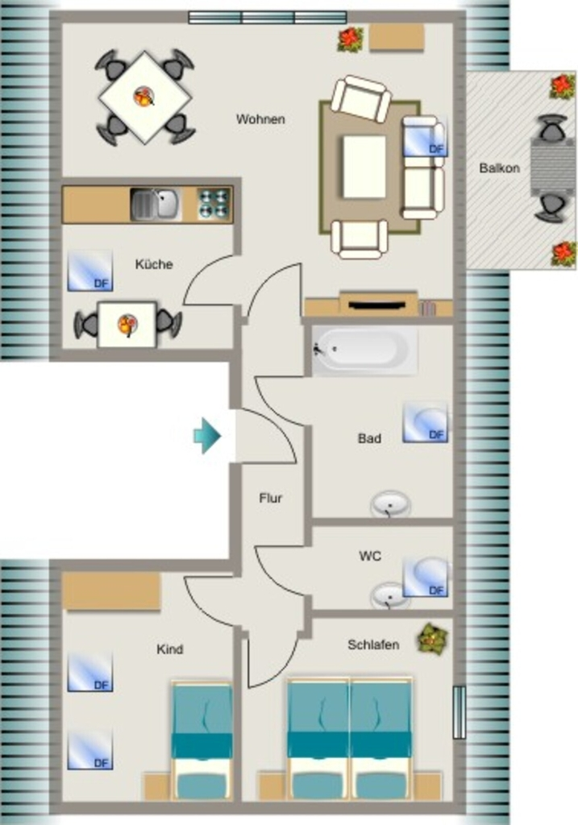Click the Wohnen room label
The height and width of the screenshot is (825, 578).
tap(260, 119)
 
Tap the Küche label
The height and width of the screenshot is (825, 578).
tap(154, 264)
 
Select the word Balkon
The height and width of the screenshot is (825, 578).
tap(499, 168)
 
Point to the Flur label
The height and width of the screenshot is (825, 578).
tap(271, 498)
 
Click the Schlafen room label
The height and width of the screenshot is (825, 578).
tap(373, 645)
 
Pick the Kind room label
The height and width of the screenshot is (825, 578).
tap(169, 649)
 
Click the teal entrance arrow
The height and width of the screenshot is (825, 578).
tap(207, 436)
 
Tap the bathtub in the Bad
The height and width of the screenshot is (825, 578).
tap(365, 350)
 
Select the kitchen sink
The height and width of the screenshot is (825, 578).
tap(156, 204)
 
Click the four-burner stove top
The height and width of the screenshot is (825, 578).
tap(214, 204)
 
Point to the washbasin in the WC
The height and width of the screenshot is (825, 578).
tap(389, 595)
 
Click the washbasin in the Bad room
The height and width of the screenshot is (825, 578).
tap(390, 504)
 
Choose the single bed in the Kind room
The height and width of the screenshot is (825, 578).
tap(202, 741)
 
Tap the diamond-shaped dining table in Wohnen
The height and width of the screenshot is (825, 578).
tap(145, 97)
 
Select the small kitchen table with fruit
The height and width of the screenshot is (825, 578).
tap(127, 325)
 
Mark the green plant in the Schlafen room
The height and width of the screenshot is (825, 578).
tap(433, 639)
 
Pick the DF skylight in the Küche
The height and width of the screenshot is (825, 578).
tap(90, 271)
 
